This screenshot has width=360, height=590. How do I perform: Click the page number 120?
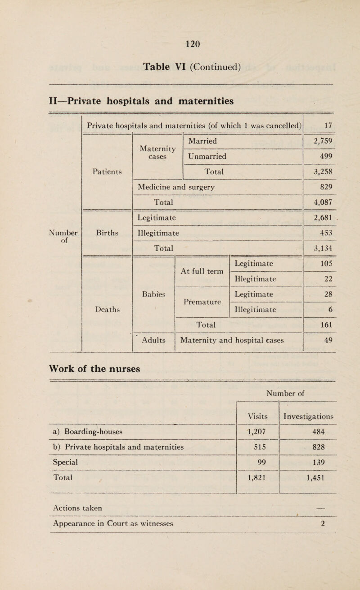click(x=180, y=44)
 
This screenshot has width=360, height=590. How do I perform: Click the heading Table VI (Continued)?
click(x=180, y=68)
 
